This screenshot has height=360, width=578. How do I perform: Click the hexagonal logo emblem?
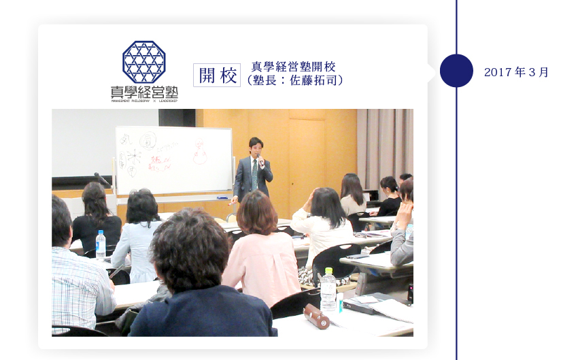tap(143, 62)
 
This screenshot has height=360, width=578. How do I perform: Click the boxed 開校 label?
tap(217, 75)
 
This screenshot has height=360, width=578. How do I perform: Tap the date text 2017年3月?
tap(516, 72)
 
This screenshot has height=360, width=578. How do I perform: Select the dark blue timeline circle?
tap(456, 71)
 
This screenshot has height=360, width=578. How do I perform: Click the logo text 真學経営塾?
tap(143, 92)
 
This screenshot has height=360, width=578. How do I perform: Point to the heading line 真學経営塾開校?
tap(294, 67)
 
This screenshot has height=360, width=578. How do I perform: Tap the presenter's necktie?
tap(255, 174)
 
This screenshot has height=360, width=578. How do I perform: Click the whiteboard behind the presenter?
tap(173, 160)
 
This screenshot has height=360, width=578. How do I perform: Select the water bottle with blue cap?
tap(101, 244)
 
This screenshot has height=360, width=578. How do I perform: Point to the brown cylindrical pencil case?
tap(316, 316)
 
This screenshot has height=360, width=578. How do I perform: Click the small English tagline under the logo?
tap(143, 101)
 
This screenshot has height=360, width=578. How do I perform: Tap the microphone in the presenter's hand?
tap(260, 161)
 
